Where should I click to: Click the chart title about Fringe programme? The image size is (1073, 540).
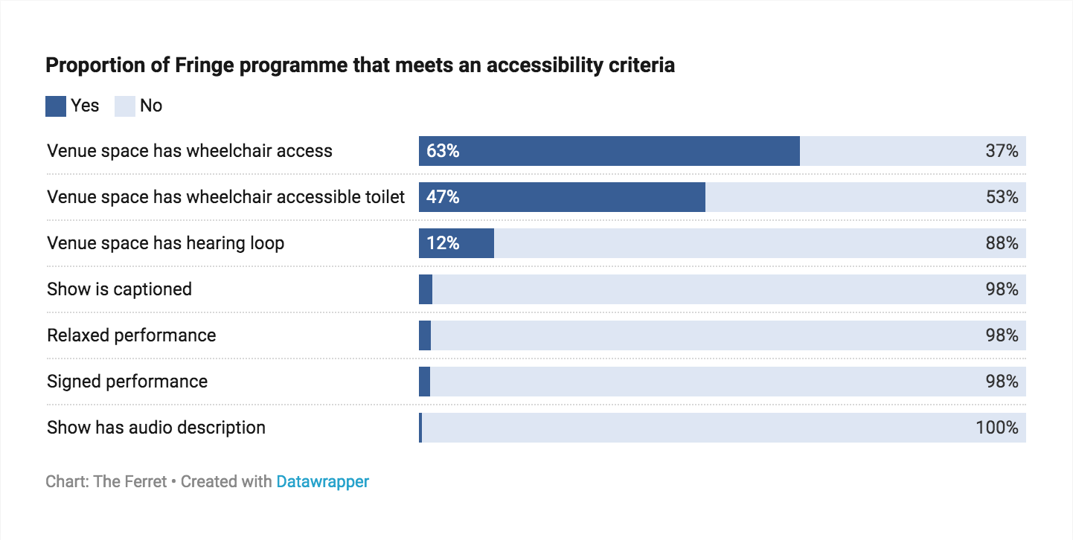[x=360, y=65]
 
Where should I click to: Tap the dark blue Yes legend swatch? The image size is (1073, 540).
[x=56, y=106]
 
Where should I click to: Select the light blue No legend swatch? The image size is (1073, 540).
[x=124, y=106]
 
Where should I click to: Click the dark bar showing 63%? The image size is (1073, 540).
[x=609, y=151]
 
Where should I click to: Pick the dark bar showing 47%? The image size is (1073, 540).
[x=562, y=197]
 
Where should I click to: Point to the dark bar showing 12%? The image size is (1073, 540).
[x=456, y=243]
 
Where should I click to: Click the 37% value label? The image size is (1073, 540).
[x=1002, y=151]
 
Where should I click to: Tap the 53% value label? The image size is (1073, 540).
[x=1002, y=197]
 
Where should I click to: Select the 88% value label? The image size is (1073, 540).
[x=1002, y=243]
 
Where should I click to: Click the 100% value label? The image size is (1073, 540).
[x=997, y=428]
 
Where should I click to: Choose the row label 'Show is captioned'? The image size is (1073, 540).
[x=119, y=289]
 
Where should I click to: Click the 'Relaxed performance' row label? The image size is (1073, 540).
[x=132, y=335]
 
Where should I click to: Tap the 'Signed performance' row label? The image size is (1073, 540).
[x=127, y=382]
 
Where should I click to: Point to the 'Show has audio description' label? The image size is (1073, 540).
[x=156, y=428]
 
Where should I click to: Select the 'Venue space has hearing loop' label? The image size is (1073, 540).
[x=165, y=243]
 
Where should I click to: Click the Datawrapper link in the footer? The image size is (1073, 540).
[x=322, y=482]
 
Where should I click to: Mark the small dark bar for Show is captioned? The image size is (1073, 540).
[x=426, y=289]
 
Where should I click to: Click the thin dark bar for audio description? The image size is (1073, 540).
[x=420, y=428]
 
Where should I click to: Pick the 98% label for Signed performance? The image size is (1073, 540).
[x=1002, y=382]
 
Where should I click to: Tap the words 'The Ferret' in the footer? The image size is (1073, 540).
[x=130, y=482]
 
